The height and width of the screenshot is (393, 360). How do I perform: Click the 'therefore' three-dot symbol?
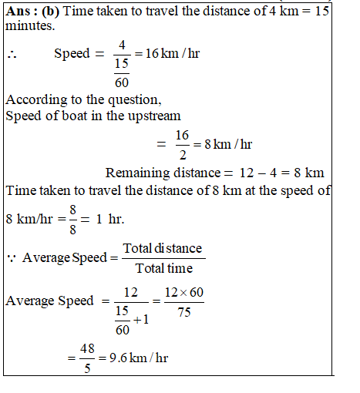[12, 55]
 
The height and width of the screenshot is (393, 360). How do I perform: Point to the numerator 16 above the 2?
[182, 136]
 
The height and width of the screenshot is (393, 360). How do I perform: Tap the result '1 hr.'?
[107, 218]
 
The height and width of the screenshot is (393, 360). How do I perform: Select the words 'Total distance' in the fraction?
[163, 248]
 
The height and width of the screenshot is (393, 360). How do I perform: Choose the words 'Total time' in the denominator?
[163, 268]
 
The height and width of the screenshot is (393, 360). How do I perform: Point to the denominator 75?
[183, 311]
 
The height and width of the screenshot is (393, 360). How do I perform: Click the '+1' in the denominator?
[138, 321]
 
